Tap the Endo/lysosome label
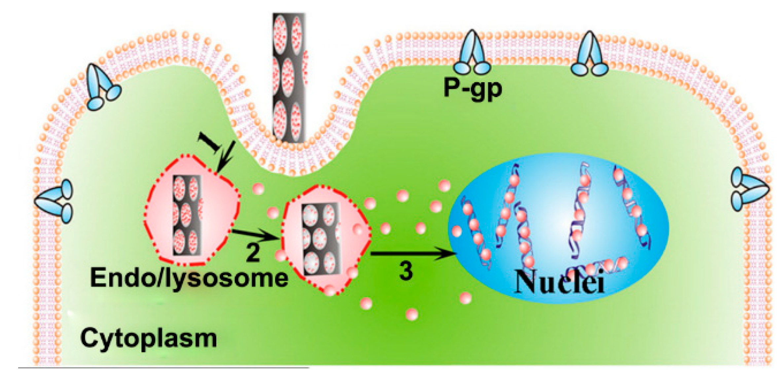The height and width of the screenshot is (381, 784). click(x=189, y=278)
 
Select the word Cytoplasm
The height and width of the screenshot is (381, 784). click(x=149, y=338)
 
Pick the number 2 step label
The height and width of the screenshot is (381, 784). click(x=253, y=253)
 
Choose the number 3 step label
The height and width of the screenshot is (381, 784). click(x=406, y=271)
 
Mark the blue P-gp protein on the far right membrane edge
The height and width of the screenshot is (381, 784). click(x=749, y=189)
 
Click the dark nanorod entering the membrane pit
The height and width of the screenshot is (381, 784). click(x=288, y=78)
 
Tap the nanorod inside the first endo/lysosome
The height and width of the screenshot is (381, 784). click(x=187, y=215)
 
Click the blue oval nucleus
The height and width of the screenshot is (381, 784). click(x=558, y=228)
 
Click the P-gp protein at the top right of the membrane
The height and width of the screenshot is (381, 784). click(x=589, y=54)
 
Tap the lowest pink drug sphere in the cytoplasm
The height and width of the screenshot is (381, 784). click(x=411, y=314)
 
